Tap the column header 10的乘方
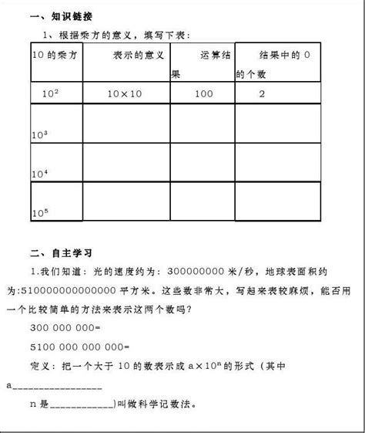52,56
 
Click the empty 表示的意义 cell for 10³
126,123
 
